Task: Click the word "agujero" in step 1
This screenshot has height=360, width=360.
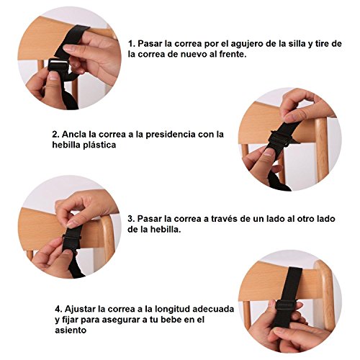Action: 247,45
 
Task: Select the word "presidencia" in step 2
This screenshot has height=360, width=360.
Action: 170,135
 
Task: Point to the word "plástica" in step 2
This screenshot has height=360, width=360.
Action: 99,145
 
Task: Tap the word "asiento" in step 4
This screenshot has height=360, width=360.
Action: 71,330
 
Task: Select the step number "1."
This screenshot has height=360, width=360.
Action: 132,44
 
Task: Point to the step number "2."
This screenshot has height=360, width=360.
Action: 56,135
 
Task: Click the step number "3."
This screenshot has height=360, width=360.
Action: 131,219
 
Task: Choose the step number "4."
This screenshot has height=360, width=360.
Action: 58,309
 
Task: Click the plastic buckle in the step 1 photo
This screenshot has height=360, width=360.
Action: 58,65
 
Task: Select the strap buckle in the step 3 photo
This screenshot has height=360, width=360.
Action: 71,238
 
